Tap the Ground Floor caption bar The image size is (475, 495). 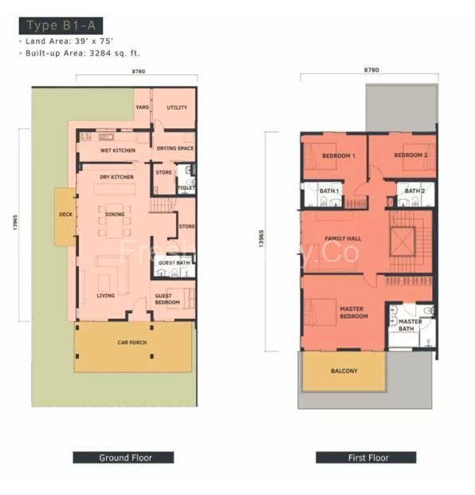(124, 458)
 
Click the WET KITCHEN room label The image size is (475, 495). (117, 150)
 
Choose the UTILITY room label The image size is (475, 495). (176, 108)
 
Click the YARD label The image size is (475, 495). (142, 107)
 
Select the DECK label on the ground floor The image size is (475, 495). (65, 214)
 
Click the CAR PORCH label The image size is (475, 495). (132, 343)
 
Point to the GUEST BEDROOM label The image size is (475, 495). (167, 299)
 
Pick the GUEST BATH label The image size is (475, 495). (173, 263)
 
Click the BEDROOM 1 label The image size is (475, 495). (338, 155)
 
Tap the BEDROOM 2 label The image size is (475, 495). (410, 155)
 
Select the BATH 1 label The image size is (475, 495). (329, 192)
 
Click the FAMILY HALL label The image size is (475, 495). (343, 238)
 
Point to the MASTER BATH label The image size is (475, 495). (410, 325)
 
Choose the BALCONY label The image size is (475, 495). (344, 371)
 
